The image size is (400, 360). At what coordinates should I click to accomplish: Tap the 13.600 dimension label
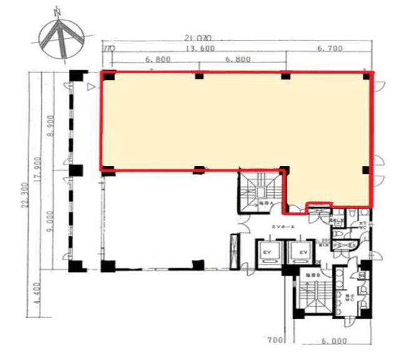point(198,49)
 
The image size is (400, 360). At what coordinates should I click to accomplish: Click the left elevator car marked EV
point(268,251)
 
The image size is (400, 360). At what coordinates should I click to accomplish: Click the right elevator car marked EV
point(302,251)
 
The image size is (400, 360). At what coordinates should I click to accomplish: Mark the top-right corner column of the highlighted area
point(366,76)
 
